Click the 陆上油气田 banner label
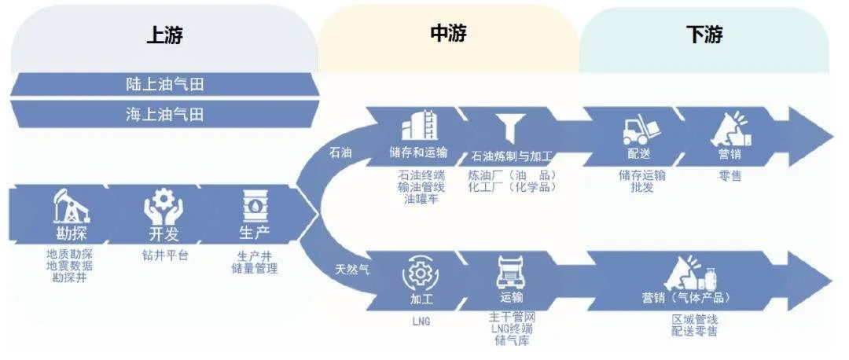[x=164, y=84]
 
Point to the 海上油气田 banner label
[x=164, y=114]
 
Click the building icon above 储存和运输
[x=419, y=125]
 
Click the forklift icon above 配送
[x=639, y=129]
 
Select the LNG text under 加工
[x=421, y=321]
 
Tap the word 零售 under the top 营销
[x=730, y=176]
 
